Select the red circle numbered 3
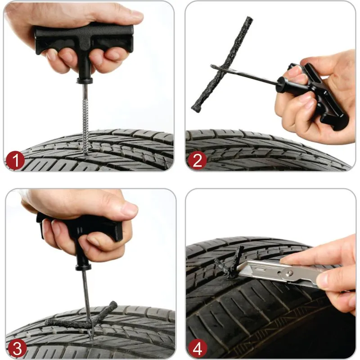15,348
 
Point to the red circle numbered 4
197,348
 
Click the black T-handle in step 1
85,40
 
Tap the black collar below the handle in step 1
84,81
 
